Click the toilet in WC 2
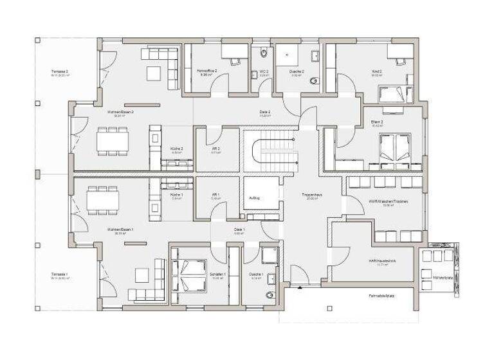(262, 53)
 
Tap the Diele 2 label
(264, 112)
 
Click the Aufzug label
(254, 198)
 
